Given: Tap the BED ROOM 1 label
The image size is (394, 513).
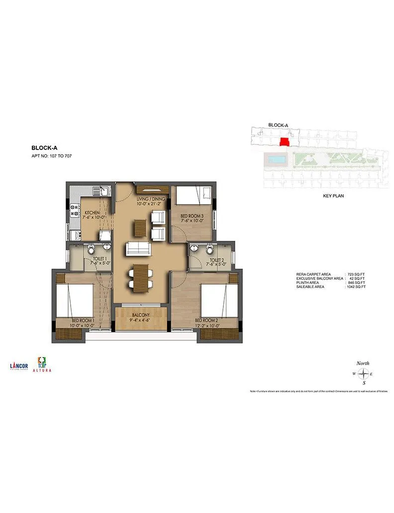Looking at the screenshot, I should [x=83, y=320].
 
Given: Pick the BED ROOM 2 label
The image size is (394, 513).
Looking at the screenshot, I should [x=207, y=320].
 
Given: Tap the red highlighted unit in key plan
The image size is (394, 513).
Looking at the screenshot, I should [x=285, y=142].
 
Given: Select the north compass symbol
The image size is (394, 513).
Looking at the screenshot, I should [x=364, y=373].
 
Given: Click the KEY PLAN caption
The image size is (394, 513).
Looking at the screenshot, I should [x=333, y=196].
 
